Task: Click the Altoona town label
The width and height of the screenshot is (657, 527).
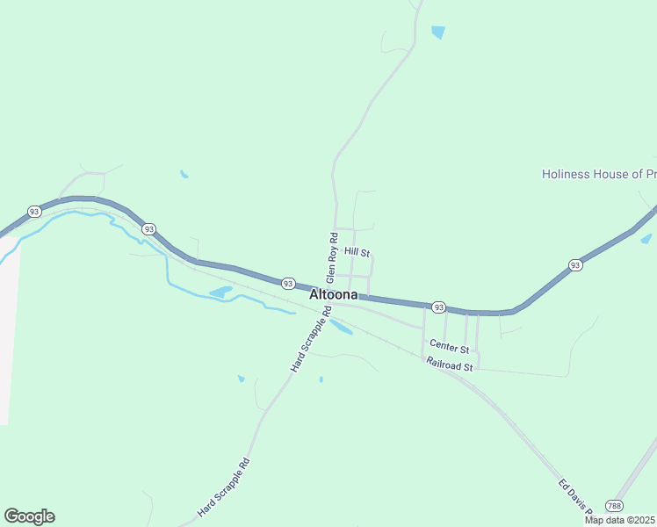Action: click(333, 295)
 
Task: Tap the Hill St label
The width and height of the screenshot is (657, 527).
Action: click(357, 252)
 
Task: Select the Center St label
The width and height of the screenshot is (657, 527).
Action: click(451, 350)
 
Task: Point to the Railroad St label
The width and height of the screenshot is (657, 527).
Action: click(450, 364)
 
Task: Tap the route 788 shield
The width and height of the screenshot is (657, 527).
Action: click(615, 506)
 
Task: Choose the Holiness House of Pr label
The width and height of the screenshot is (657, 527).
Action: click(598, 174)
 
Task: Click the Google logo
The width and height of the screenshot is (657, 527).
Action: click(29, 516)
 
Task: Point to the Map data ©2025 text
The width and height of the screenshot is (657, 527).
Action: click(620, 520)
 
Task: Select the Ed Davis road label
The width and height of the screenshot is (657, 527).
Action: click(576, 498)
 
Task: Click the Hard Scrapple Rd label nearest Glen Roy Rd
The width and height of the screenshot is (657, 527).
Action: click(310, 338)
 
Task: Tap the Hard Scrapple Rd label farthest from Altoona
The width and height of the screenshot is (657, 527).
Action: click(224, 487)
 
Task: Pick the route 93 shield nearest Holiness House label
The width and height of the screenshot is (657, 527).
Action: click(574, 264)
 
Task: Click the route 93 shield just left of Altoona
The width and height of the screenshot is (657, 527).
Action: click(287, 284)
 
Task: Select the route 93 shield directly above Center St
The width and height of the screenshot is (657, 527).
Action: click(438, 307)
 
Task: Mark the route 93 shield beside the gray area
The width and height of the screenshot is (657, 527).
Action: click(33, 212)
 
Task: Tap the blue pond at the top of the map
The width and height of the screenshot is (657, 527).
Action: click(438, 33)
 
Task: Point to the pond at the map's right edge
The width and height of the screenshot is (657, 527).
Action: click(646, 238)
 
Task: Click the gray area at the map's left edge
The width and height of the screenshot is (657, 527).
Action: click(8, 334)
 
